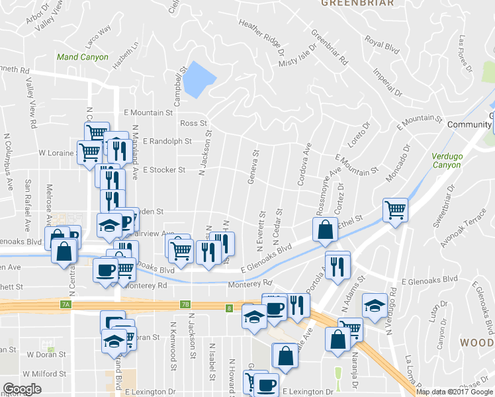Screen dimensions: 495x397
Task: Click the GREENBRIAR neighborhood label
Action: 357,3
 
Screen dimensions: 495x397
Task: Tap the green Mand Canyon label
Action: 82,58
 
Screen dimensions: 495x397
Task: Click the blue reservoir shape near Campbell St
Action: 199,79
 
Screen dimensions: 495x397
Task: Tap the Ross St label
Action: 194,124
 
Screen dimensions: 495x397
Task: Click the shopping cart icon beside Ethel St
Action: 395,210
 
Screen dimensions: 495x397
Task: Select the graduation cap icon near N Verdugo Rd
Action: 375,305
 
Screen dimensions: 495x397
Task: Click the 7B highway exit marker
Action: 185,304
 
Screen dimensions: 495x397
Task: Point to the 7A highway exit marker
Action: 65,304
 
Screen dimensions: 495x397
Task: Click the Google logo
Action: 22,389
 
